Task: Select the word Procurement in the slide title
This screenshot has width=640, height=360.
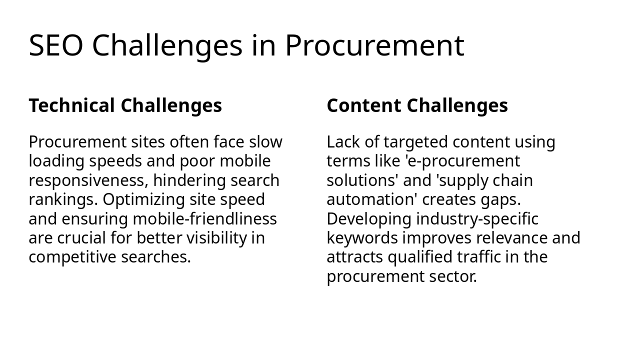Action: pyautogui.click(x=374, y=45)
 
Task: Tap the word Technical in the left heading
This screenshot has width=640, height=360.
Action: pyautogui.click(x=72, y=106)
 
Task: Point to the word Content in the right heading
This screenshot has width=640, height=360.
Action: pyautogui.click(x=364, y=106)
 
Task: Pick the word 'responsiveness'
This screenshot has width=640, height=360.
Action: pyautogui.click(x=88, y=180)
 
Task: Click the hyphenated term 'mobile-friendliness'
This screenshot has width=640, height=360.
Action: pyautogui.click(x=204, y=219)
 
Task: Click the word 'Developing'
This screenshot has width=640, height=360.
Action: pyautogui.click(x=369, y=219)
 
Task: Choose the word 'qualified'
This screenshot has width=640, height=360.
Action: pyautogui.click(x=420, y=257)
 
